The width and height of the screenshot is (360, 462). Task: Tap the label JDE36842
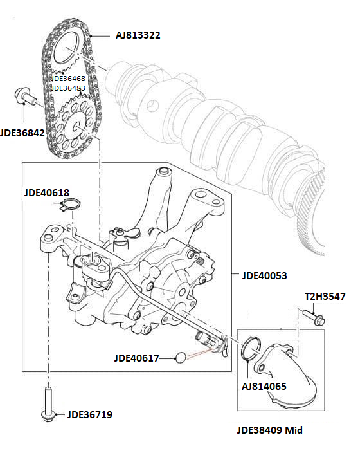coord(25,134)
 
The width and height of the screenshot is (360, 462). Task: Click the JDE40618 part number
coord(46,192)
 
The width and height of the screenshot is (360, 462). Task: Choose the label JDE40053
coord(264,275)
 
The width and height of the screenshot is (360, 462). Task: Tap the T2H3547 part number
coord(325,297)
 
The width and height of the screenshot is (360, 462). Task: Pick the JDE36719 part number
coord(89,415)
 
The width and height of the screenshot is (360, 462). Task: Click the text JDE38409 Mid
coord(269,430)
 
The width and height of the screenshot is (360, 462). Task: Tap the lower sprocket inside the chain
coord(77,120)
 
